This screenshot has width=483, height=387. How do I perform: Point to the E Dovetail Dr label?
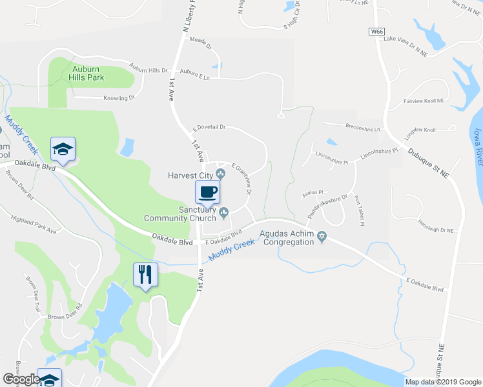pyautogui.click(x=209, y=128)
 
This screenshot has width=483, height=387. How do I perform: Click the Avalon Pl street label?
pyautogui.click(x=312, y=192)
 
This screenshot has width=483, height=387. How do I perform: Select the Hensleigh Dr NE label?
pyautogui.click(x=436, y=230)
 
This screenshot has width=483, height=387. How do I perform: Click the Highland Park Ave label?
pyautogui.click(x=34, y=220)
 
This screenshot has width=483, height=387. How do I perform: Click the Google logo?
pyautogui.click(x=21, y=379)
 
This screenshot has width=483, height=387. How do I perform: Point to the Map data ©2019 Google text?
pyautogui.click(x=442, y=382)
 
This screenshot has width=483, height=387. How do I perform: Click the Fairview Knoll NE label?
pyautogui.click(x=424, y=101)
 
